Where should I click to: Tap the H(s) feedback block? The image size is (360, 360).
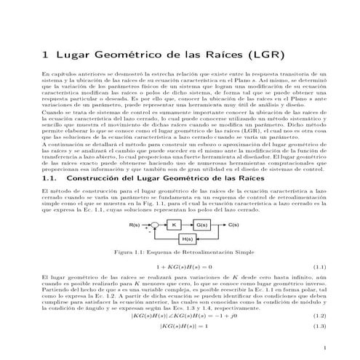[x=188, y=238]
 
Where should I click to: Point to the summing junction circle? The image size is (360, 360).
[x=152, y=226]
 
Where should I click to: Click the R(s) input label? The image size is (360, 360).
[x=135, y=225]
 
